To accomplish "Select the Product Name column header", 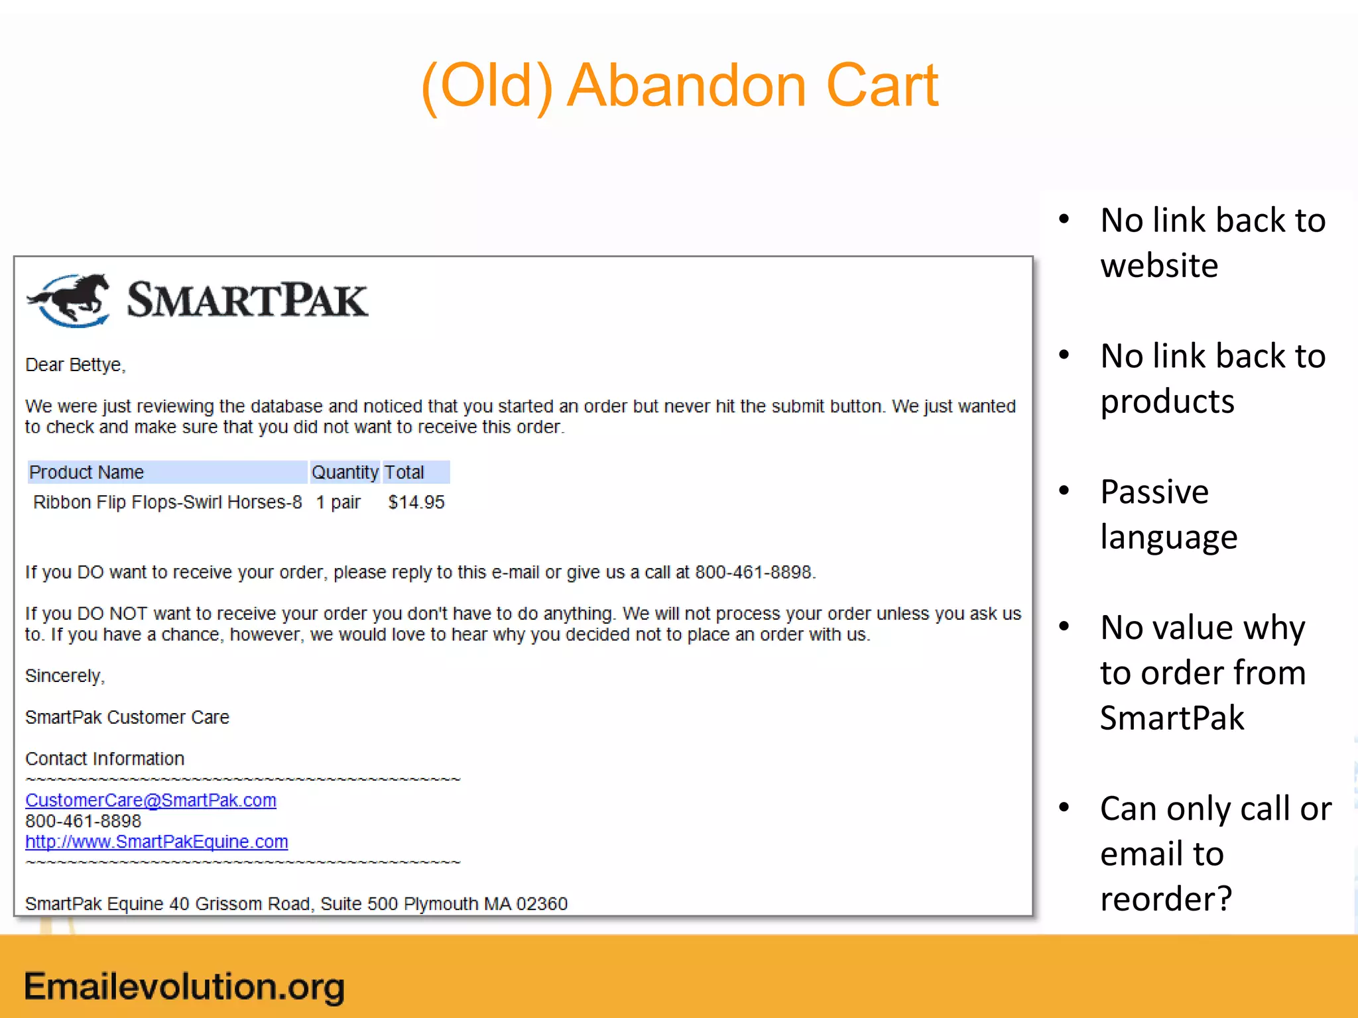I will [x=87, y=472].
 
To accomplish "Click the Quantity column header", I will [x=345, y=472].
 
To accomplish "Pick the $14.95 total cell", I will [x=416, y=502].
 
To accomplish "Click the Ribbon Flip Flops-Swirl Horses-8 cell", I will [x=167, y=502].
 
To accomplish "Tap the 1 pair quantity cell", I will [x=338, y=502].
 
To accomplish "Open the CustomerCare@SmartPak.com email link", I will [x=151, y=800].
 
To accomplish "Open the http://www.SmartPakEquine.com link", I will [x=156, y=842].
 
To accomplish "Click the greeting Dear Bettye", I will [x=75, y=365].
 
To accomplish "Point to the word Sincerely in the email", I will [x=64, y=676].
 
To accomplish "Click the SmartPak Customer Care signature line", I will [x=127, y=717].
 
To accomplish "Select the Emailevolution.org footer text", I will [x=184, y=986].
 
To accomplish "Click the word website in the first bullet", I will [x=1159, y=266].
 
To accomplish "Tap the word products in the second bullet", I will [x=1167, y=402].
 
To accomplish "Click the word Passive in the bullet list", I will [x=1154, y=492].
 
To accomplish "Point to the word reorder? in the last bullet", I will [x=1166, y=899].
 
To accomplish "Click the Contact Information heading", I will [x=105, y=759].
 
